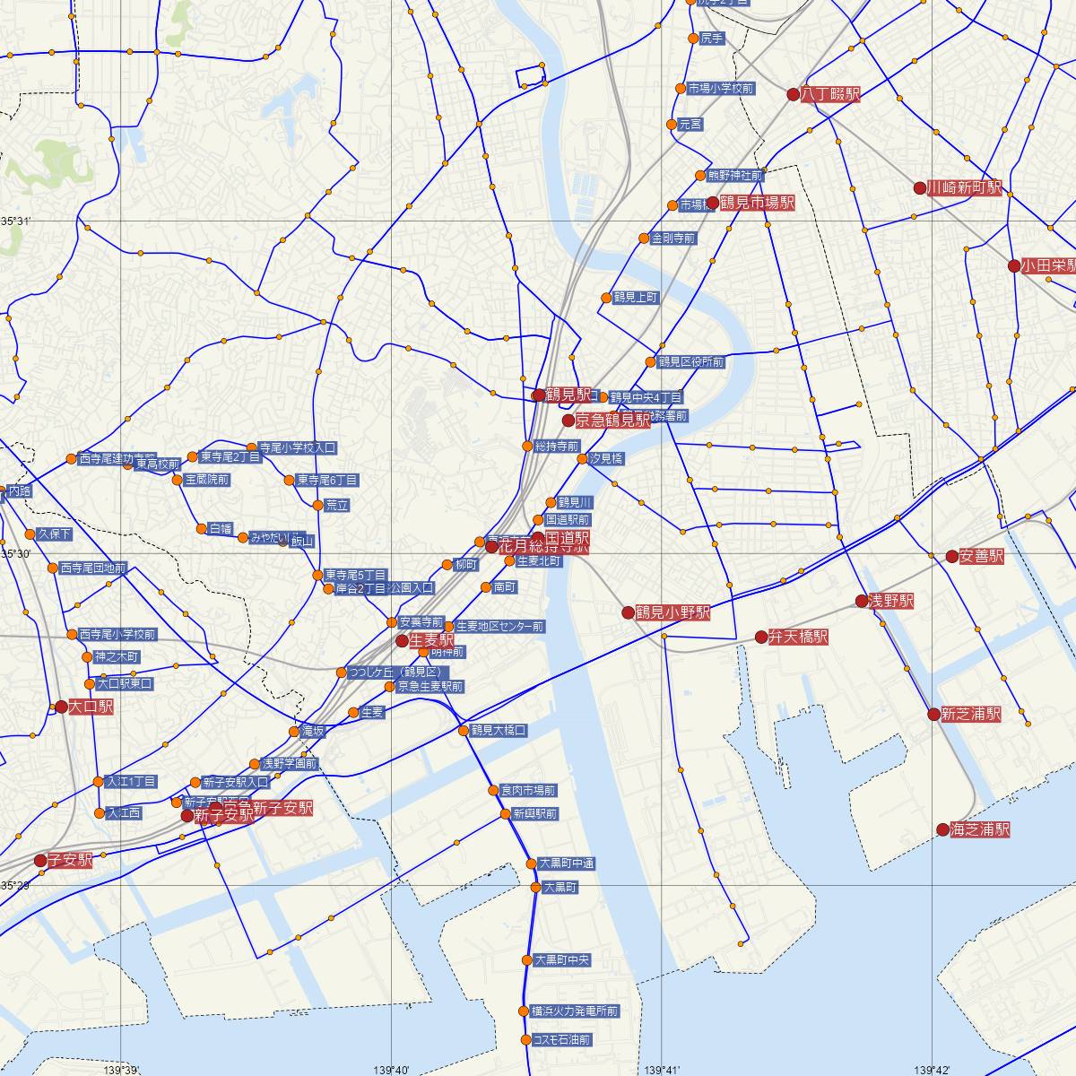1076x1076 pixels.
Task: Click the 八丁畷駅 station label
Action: [830, 94]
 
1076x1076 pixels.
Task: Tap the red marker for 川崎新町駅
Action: [919, 188]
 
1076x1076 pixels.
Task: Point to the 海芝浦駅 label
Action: [980, 829]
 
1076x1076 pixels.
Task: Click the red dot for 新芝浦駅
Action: [933, 715]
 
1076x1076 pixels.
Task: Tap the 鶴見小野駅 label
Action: [672, 612]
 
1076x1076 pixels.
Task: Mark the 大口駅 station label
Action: [91, 707]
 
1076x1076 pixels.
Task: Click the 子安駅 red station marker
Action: [40, 861]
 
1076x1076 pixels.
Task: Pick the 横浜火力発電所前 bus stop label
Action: [575, 1011]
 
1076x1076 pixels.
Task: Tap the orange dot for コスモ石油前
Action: [525, 1040]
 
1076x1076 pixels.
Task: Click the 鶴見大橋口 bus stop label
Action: [499, 731]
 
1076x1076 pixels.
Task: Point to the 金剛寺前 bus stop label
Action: [673, 239]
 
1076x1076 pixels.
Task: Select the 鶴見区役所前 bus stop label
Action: [690, 362]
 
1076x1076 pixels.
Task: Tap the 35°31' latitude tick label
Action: [14, 221]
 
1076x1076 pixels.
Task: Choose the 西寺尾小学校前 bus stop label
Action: [117, 635]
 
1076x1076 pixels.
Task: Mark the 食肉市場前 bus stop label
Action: [528, 791]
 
